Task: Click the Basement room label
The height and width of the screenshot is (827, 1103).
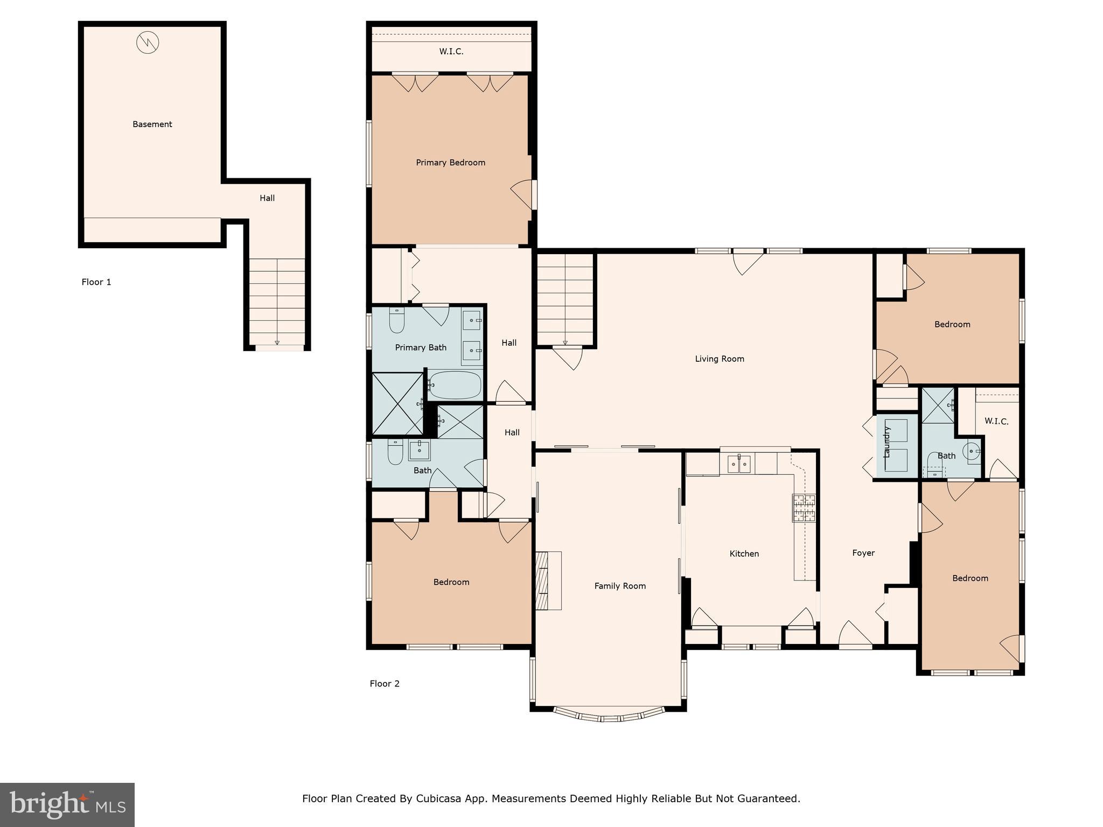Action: click(152, 124)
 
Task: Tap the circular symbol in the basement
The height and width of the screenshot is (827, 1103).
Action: click(148, 43)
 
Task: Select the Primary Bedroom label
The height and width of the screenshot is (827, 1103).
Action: click(450, 163)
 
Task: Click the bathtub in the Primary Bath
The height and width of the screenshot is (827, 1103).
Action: click(455, 385)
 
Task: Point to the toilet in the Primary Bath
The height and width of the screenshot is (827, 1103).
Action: click(397, 321)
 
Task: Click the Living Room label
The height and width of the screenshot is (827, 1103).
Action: click(720, 359)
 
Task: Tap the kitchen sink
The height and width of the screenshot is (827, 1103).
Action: click(738, 464)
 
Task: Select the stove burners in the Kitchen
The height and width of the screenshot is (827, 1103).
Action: click(804, 508)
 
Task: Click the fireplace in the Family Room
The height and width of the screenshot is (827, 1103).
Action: click(548, 580)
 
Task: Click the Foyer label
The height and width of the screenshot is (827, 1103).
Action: click(863, 553)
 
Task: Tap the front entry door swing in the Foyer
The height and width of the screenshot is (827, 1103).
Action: click(854, 634)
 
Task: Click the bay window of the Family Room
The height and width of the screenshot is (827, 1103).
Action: click(609, 717)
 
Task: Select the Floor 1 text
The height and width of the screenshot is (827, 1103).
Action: click(96, 282)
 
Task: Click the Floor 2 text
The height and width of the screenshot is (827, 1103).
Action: click(385, 684)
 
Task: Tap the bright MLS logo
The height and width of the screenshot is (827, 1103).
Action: click(67, 805)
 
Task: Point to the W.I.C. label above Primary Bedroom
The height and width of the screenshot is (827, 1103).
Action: click(451, 52)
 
